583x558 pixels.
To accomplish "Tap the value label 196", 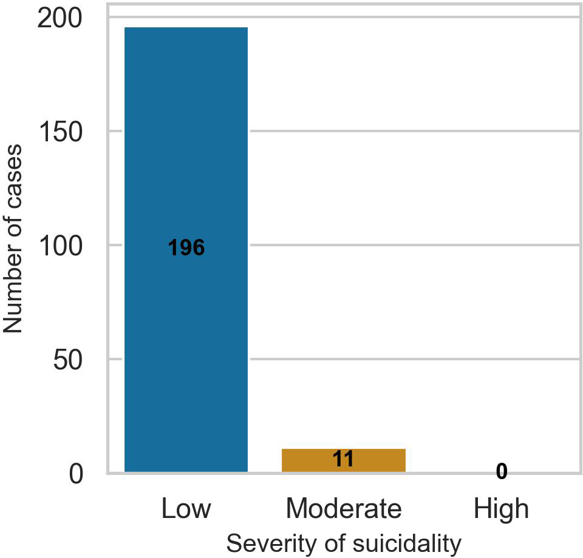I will pyautogui.click(x=186, y=247).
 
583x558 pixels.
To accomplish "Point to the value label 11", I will pyautogui.click(x=344, y=459).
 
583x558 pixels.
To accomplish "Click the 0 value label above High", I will pyautogui.click(x=501, y=471).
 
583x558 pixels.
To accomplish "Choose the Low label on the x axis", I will pyautogui.click(x=186, y=508).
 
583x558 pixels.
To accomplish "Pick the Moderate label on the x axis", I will pyautogui.click(x=344, y=508).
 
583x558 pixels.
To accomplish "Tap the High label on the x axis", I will pyautogui.click(x=502, y=508).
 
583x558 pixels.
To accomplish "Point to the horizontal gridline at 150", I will pyautogui.click(x=413, y=131).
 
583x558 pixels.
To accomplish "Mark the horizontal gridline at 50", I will pyautogui.click(x=413, y=359).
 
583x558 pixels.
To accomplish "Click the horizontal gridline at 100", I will pyautogui.click(x=413, y=245).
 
